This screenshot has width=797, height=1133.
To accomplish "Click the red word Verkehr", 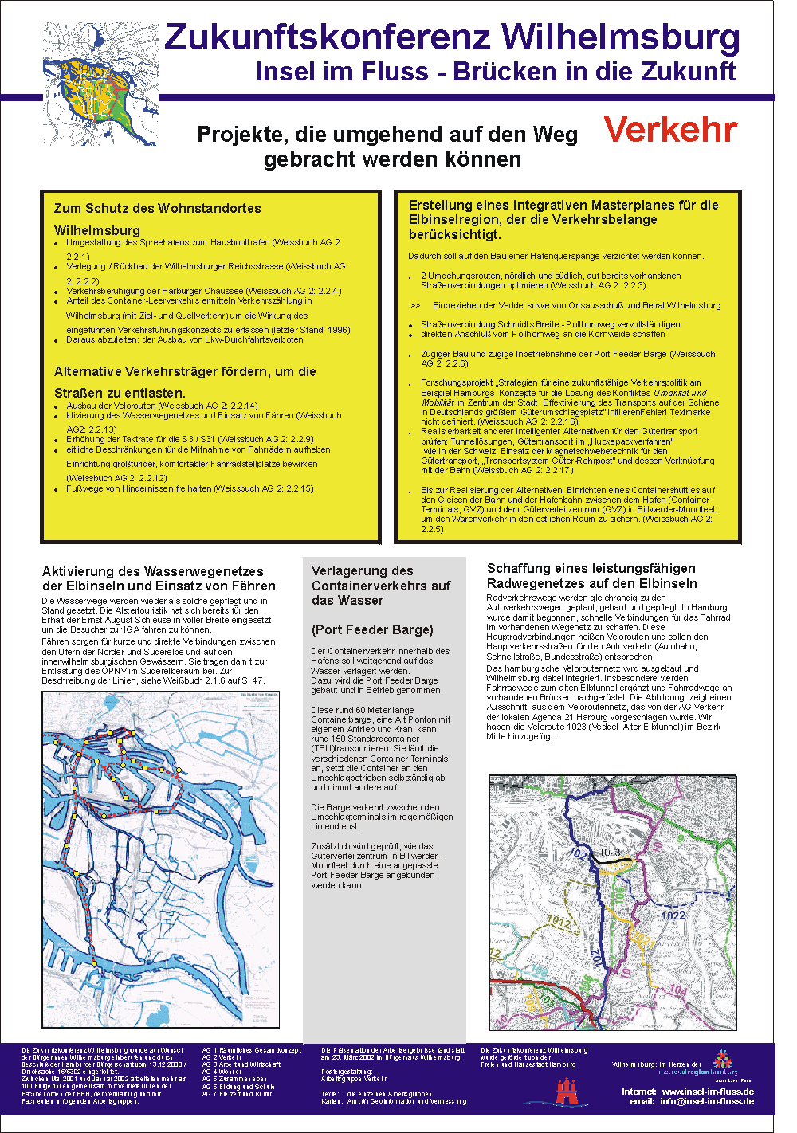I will [670, 129].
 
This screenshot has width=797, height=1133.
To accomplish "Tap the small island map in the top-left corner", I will [100, 83].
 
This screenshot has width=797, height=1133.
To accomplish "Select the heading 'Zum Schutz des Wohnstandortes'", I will [158, 208].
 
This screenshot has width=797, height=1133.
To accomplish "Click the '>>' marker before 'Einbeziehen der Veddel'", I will [415, 305].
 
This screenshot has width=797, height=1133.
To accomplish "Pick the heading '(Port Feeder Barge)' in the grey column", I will [372, 629].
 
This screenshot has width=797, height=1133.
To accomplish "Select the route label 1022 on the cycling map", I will [673, 915].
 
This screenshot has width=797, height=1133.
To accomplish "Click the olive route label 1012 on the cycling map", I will [559, 922].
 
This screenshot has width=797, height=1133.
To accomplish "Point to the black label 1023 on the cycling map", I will [610, 852].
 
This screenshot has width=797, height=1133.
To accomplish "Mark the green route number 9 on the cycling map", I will [680, 839].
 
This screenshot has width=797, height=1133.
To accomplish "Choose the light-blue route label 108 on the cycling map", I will [540, 970].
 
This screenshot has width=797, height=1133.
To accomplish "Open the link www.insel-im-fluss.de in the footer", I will [708, 1092].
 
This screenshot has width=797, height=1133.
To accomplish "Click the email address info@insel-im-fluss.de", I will [706, 1102].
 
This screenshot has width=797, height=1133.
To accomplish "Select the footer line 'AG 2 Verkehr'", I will [222, 1057].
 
